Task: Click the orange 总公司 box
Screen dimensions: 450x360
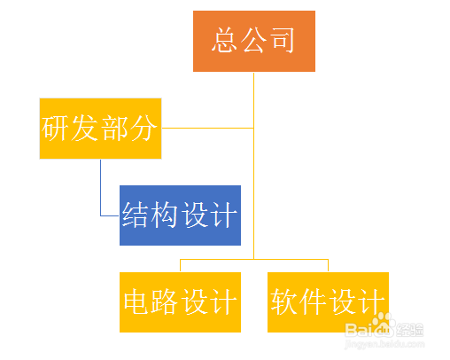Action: point(254,41)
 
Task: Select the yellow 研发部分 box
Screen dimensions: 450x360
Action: point(100,129)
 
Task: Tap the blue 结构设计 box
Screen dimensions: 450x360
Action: point(180,215)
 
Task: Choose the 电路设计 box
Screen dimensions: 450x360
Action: point(180,302)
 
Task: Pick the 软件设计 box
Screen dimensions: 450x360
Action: point(328,302)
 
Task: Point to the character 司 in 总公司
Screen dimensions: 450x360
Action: point(283,40)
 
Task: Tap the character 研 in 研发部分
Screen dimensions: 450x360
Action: point(55,128)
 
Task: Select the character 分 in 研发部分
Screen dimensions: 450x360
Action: point(143,128)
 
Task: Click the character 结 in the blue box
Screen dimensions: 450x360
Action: point(135,215)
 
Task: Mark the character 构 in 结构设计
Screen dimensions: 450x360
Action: point(164,215)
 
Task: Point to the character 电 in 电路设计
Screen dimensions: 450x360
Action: point(136,301)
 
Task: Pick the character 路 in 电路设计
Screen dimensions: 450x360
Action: point(164,301)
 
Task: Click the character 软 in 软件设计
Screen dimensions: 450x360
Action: point(283,301)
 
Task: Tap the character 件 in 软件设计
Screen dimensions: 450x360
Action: point(313,301)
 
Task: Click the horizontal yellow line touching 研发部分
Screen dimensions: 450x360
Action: point(207,128)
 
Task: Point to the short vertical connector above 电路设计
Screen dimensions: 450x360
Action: point(180,266)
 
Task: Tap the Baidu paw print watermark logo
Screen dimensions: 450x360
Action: point(383,325)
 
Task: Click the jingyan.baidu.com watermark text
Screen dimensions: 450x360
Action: point(384,344)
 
